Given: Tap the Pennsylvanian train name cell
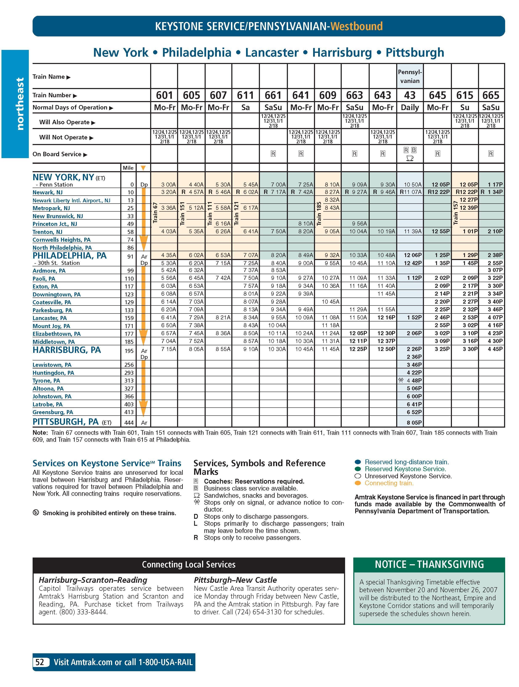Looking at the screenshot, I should click(410, 76).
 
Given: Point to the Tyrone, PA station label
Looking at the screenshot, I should click(46, 380).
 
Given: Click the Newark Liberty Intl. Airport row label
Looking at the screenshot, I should click(71, 200).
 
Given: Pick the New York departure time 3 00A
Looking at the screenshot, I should click(168, 184).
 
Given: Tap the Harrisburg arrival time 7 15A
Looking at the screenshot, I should click(168, 349).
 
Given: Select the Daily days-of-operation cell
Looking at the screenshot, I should click(410, 107).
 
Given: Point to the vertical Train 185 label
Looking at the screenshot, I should click(319, 213).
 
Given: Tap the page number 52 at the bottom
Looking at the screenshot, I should click(40, 662).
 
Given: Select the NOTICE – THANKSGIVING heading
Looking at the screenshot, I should click(429, 564).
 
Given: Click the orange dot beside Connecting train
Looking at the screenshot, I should click(358, 483).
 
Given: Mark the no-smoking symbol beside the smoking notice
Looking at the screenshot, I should click(36, 513).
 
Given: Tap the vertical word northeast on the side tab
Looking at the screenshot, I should click(20, 104).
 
